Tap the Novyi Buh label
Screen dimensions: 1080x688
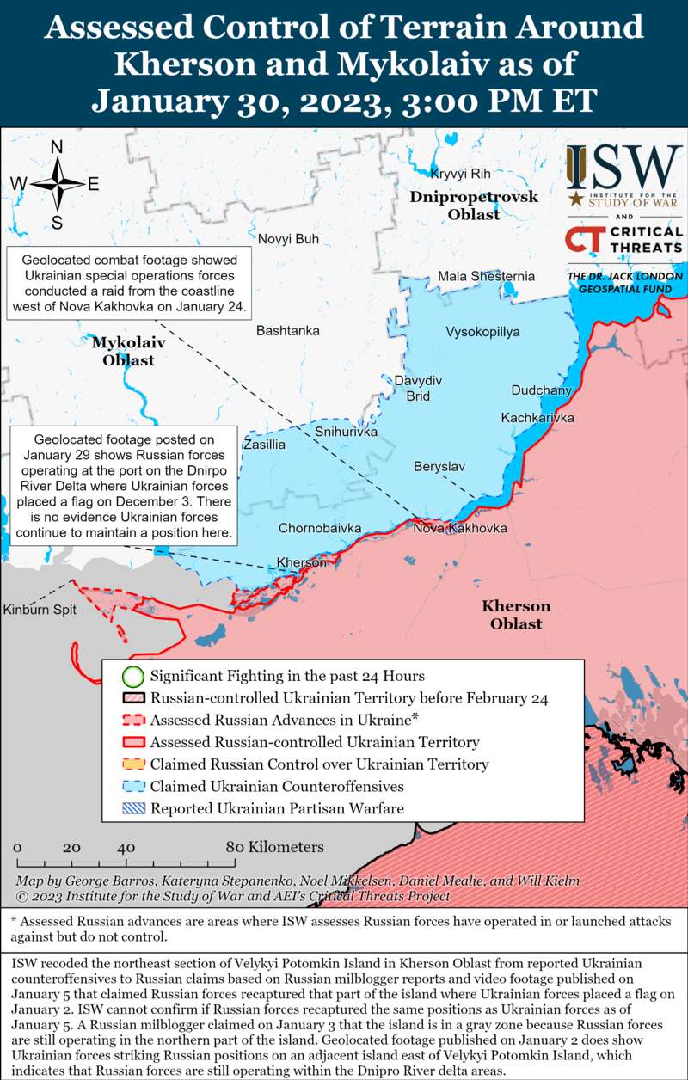[x=288, y=238]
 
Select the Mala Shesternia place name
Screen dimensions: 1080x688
[x=486, y=276]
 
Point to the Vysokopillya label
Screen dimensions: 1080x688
[x=482, y=332]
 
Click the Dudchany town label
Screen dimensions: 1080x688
[x=541, y=390]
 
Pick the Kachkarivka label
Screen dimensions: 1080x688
[x=537, y=418]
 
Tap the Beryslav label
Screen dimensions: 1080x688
[x=439, y=466]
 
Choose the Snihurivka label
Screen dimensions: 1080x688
[x=347, y=432]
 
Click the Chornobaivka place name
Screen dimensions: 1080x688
[x=319, y=528]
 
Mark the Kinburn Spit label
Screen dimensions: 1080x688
[x=40, y=610]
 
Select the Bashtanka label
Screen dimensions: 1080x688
[x=287, y=330]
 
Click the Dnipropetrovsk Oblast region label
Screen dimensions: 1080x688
[x=474, y=206]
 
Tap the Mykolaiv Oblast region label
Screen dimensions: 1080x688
[x=128, y=351]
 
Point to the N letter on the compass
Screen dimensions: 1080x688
[x=57, y=147]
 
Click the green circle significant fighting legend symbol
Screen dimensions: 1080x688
[x=132, y=676]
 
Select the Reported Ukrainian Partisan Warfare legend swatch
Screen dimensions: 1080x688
[x=132, y=808]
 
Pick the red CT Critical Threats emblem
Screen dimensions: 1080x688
[x=581, y=241]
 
